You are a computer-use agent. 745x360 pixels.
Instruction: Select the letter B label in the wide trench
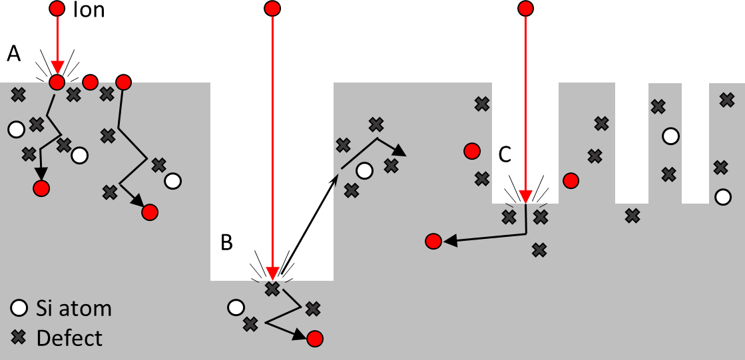(x=226, y=244)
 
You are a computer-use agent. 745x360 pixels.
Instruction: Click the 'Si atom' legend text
(x=74, y=309)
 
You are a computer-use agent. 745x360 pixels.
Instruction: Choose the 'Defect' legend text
(x=69, y=338)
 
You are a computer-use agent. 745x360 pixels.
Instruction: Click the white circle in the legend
(x=19, y=309)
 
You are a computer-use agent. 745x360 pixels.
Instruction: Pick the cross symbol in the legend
(x=19, y=338)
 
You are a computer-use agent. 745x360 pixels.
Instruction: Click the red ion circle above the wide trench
(x=272, y=9)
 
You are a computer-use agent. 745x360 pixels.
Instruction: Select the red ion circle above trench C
(x=525, y=9)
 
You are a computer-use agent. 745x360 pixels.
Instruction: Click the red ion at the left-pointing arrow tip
(x=433, y=241)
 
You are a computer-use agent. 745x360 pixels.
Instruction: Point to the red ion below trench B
(x=315, y=339)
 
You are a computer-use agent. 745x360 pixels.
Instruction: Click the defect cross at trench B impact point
(x=272, y=289)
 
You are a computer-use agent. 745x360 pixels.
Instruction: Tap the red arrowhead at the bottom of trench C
(x=525, y=197)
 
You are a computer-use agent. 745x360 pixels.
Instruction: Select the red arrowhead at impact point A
(x=57, y=68)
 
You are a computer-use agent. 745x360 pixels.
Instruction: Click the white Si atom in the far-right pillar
(x=722, y=197)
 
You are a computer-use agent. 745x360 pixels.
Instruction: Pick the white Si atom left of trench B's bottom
(x=235, y=307)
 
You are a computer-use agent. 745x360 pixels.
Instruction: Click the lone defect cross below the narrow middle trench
(x=632, y=216)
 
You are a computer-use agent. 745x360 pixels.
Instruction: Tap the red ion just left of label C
(x=472, y=151)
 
